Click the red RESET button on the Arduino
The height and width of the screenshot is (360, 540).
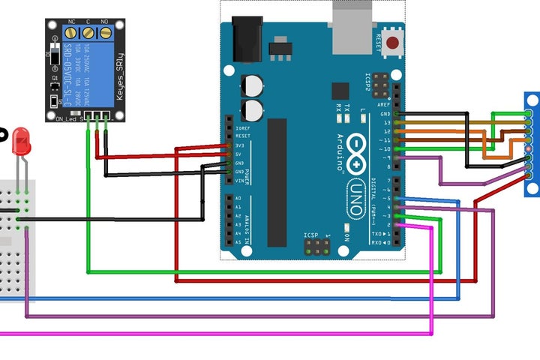point(393,43)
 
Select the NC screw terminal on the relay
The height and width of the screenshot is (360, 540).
point(73,32)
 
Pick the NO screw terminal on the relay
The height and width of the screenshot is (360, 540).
point(104,32)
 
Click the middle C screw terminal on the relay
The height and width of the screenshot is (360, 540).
point(88,32)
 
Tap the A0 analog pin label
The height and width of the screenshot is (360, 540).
point(239,199)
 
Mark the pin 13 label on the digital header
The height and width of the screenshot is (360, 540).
point(385,122)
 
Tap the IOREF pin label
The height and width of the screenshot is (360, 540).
point(241,127)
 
